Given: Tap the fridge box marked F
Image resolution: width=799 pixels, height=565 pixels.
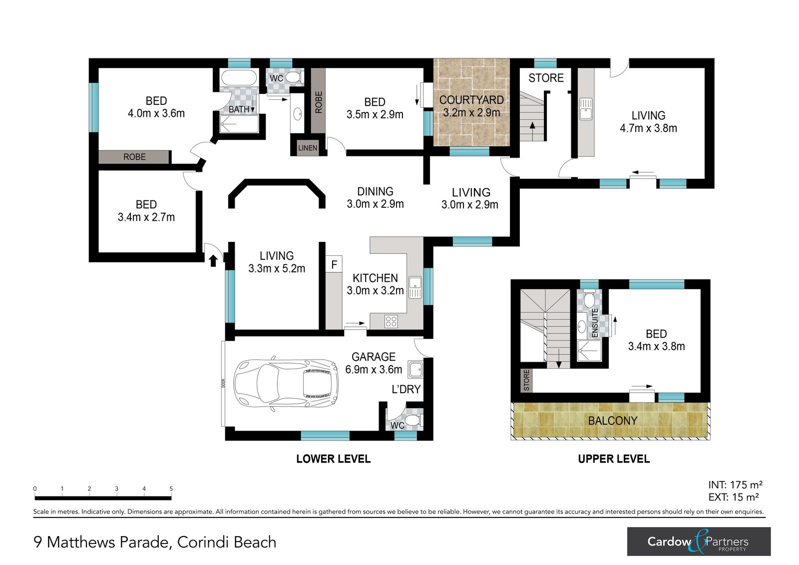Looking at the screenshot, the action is (334, 264).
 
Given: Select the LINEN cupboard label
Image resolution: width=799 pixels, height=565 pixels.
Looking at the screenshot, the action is (308, 148).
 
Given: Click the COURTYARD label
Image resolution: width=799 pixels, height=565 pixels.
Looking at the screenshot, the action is (471, 100).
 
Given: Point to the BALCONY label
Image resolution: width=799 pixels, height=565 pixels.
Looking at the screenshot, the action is (612, 421).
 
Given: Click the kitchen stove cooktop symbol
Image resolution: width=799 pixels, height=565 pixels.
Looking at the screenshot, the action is (391, 322).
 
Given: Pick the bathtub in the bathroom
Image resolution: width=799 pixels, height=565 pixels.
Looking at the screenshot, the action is (239, 77).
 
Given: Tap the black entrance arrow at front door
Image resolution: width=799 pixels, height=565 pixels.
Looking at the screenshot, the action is (213, 261).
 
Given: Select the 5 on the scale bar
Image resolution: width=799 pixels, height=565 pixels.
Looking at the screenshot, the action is (171, 489).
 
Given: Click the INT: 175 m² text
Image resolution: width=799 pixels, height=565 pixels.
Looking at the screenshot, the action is (735, 485).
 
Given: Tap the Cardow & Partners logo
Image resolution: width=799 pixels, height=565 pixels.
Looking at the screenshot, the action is (699, 542).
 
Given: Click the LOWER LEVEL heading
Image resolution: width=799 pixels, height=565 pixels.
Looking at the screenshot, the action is (334, 459).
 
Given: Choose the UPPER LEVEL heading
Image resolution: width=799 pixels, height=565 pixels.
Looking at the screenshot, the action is (614, 459).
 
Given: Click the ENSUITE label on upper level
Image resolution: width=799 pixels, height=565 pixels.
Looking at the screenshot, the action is (595, 323).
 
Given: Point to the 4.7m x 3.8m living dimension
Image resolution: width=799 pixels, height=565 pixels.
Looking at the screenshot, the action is (648, 128).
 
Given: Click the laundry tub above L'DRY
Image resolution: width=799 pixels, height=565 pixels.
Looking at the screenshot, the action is (415, 369).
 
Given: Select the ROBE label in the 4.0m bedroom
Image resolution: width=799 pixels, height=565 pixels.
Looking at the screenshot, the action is (134, 157).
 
